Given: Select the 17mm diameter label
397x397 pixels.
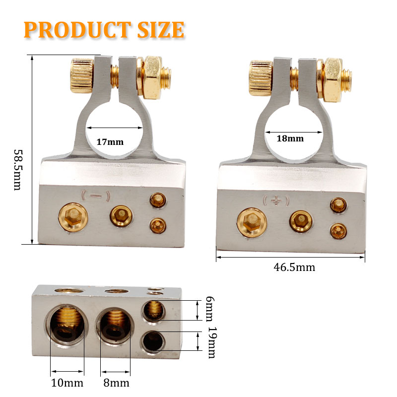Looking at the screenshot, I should (x=110, y=142).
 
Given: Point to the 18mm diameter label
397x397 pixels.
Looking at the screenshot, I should (x=289, y=138).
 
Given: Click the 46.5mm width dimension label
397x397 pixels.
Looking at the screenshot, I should (x=294, y=267).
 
